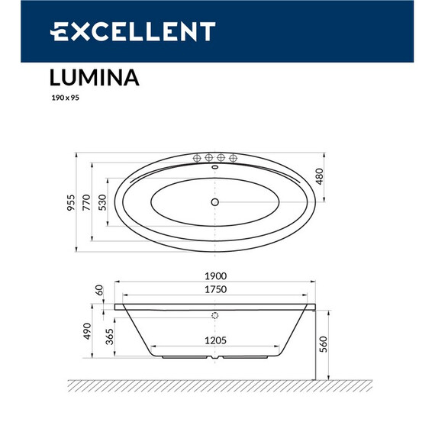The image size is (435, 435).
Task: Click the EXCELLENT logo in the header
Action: point(133,31)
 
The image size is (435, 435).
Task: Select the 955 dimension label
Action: point(71,203)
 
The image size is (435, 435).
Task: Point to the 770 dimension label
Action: point(87,203)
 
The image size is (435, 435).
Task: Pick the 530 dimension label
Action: point(103,203)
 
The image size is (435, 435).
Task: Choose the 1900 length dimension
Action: point(217,277)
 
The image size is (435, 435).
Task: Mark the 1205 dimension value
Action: point(217,341)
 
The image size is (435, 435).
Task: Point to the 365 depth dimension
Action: point(108,337)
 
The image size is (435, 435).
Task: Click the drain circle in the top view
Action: point(215,202)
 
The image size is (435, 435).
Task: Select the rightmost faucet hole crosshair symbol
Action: point(233,158)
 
